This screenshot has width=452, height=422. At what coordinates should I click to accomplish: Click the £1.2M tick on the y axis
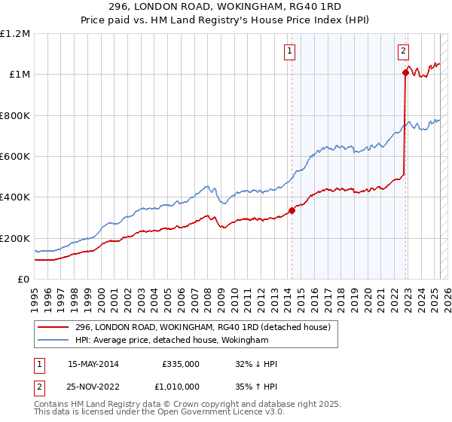click(x=15, y=34)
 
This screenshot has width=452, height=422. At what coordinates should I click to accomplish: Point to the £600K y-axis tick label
click(x=15, y=157)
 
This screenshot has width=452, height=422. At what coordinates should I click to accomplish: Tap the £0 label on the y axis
click(x=24, y=280)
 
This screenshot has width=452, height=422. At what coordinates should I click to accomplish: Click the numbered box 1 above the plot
click(x=290, y=51)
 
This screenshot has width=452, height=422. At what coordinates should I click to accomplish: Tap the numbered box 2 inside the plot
click(x=403, y=51)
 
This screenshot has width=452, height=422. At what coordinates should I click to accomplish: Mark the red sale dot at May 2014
click(x=292, y=210)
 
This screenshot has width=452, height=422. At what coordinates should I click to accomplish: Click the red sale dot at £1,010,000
click(x=405, y=73)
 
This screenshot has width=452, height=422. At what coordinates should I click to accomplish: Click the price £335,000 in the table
click(x=181, y=364)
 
